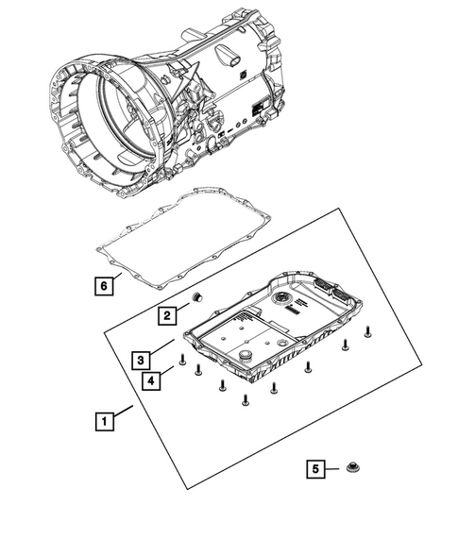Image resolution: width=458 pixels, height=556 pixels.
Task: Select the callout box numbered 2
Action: click(x=165, y=315)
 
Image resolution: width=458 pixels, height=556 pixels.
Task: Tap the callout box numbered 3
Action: click(x=139, y=360)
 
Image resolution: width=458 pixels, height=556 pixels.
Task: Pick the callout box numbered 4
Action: click(x=151, y=380)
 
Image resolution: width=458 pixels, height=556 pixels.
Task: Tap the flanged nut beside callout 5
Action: click(x=353, y=467)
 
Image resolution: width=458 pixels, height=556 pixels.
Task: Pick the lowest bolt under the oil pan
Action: click(x=245, y=400)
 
